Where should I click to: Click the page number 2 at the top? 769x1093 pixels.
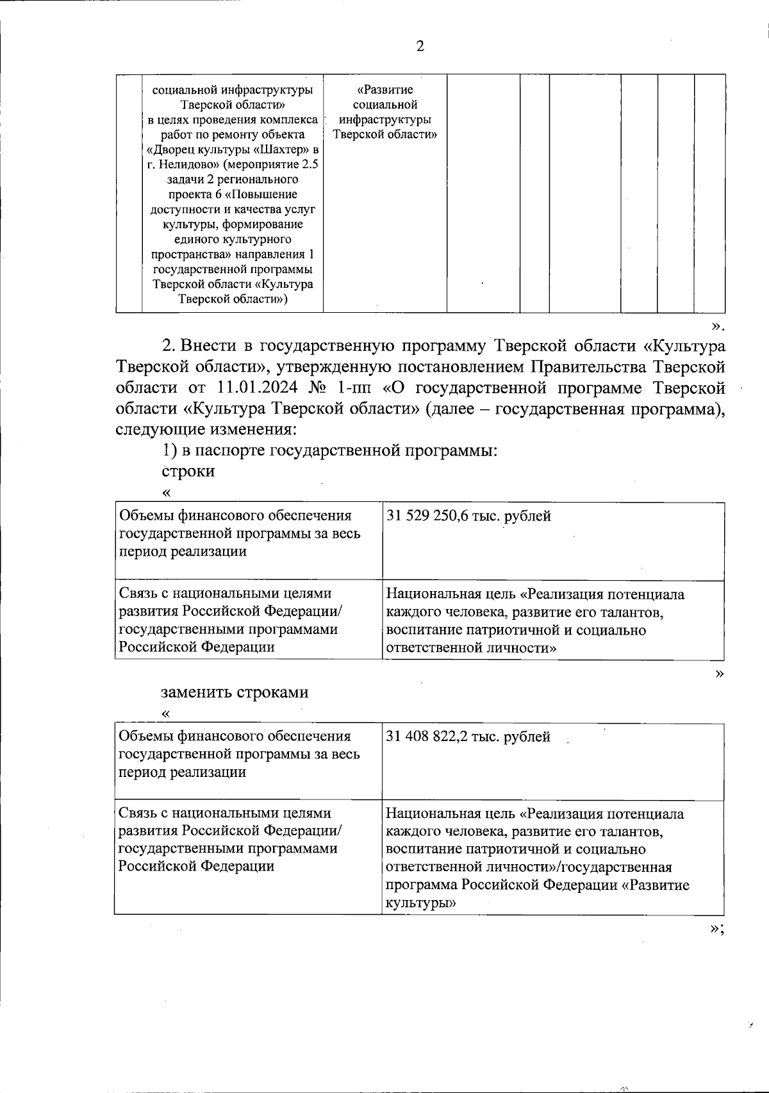click(x=420, y=46)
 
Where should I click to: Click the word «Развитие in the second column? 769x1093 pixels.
click(x=384, y=90)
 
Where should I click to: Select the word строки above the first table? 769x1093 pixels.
click(x=188, y=471)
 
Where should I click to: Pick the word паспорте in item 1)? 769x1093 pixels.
click(x=233, y=451)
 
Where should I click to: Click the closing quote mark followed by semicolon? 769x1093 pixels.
click(x=717, y=930)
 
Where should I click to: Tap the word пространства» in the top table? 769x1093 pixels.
click(x=188, y=254)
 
